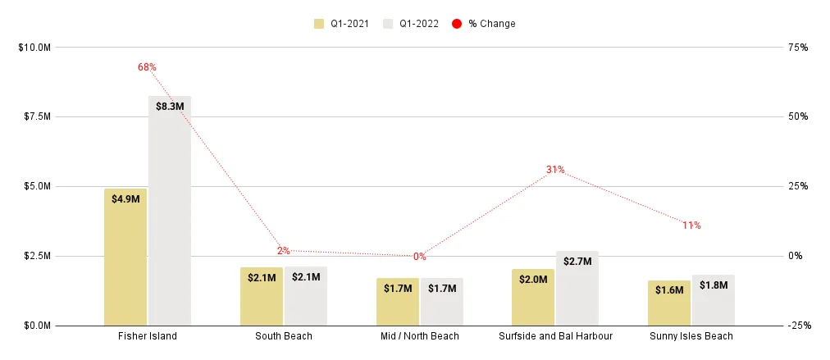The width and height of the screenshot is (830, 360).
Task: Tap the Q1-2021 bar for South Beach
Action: click(x=261, y=296)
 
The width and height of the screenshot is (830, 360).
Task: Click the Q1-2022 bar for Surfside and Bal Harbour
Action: click(x=577, y=288)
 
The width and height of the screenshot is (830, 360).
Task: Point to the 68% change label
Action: click(x=147, y=67)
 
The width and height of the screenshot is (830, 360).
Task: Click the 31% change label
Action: click(x=555, y=170)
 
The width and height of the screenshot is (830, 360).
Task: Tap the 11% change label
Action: click(x=691, y=225)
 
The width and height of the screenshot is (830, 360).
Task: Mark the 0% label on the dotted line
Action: click(x=419, y=257)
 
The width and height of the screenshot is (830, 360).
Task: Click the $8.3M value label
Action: click(x=170, y=106)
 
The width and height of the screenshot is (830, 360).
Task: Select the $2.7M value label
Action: click(x=577, y=262)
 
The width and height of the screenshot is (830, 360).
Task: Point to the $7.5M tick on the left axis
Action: click(x=35, y=116)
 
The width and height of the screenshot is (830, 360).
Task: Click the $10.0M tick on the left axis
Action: click(x=34, y=48)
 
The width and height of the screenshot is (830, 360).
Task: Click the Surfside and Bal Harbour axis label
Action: click(x=555, y=336)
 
